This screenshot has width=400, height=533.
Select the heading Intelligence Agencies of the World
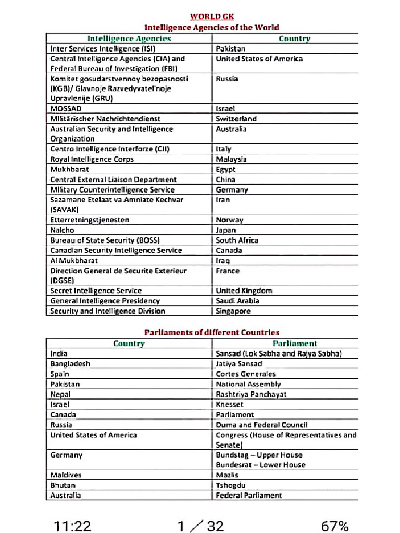[x=211, y=27]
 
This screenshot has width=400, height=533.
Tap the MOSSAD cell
[x=66, y=109]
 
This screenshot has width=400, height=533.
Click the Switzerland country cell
[x=236, y=119]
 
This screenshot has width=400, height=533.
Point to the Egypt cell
[x=226, y=169]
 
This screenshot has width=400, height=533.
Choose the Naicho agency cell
[x=63, y=230]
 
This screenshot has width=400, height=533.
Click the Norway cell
[x=229, y=220]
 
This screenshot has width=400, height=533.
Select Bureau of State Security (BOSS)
[x=105, y=240]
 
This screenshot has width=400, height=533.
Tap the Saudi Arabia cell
[x=238, y=301]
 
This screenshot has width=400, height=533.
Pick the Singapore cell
[x=233, y=311]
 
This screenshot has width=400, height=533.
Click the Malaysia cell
[x=231, y=159]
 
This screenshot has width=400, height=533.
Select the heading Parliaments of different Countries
[x=211, y=332]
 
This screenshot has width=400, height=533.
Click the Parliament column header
[x=295, y=344]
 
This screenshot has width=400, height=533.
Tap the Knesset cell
[x=229, y=404]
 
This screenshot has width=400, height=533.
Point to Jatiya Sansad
[x=239, y=364]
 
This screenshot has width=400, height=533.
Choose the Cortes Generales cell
[x=246, y=374]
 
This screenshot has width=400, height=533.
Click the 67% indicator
[x=335, y=526]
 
